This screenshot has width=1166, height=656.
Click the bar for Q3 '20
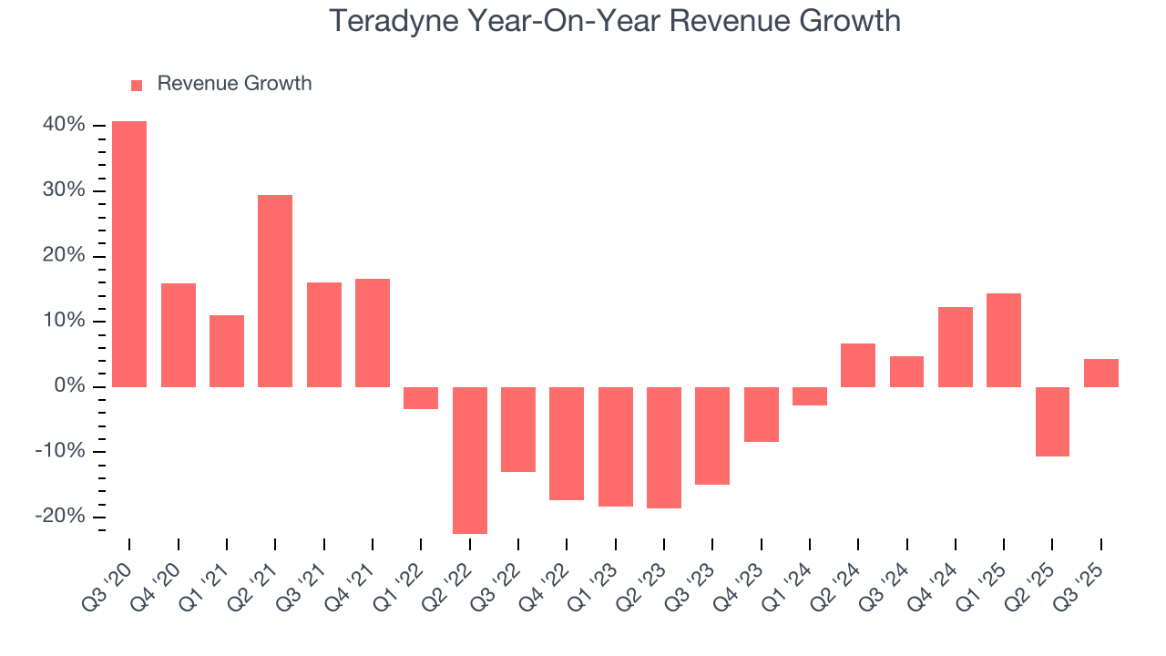129,254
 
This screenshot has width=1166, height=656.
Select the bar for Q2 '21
275,291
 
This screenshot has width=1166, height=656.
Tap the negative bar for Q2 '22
469,460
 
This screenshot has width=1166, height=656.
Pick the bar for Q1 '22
421,398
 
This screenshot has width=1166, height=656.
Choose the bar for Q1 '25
1004,340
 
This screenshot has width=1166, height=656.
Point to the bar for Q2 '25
1052,422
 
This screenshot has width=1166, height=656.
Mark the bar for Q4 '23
761,415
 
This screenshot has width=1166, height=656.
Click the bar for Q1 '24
810,396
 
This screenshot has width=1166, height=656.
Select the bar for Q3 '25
1100,373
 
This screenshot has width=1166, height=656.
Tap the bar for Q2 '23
664,447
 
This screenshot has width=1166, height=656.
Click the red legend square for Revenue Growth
137,85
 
